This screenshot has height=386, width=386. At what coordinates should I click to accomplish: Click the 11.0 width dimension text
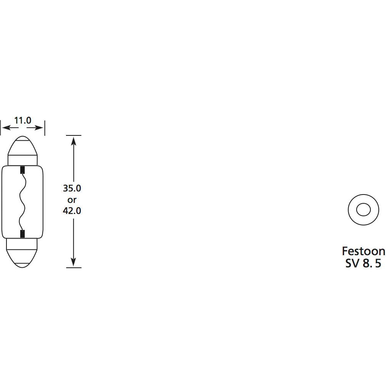click(23, 121)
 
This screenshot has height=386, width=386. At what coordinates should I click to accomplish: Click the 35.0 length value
click(72, 188)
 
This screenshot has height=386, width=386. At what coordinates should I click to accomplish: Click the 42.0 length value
click(72, 210)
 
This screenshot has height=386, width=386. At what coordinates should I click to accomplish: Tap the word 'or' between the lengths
click(72, 199)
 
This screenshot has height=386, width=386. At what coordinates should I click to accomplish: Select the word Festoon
click(363, 251)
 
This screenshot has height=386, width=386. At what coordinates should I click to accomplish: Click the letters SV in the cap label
click(352, 264)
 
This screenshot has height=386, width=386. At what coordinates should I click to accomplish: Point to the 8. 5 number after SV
click(372, 264)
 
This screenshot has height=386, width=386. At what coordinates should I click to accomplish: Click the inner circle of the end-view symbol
click(363, 209)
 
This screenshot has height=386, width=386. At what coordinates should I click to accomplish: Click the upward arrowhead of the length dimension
click(74, 140)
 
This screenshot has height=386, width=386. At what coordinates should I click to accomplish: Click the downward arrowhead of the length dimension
click(74, 263)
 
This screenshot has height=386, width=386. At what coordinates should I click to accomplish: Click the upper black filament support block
click(23, 169)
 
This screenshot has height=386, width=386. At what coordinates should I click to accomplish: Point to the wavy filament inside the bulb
click(22, 201)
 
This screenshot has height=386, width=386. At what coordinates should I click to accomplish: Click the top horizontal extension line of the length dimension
click(74, 135)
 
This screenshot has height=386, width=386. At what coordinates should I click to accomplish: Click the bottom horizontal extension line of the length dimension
click(74, 268)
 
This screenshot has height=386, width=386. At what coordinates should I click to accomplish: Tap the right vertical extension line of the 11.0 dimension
click(45, 128)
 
